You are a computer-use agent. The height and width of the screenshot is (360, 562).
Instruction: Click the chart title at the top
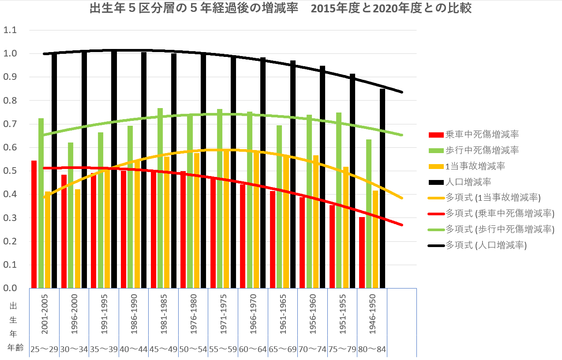(x=280, y=9)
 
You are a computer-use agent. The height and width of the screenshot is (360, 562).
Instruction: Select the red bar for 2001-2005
(x=34, y=224)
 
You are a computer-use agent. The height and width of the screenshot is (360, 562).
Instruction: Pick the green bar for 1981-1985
(x=160, y=198)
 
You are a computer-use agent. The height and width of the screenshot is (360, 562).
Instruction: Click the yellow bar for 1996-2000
(x=78, y=238)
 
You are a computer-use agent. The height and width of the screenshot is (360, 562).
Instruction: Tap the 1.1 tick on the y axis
(x=10, y=30)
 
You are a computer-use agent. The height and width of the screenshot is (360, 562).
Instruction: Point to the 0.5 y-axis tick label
(x=10, y=171)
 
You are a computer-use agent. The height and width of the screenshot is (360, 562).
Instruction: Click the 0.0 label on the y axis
(x=10, y=288)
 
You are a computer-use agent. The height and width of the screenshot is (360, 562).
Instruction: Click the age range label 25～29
(x=44, y=349)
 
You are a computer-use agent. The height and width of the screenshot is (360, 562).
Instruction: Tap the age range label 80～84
(x=372, y=349)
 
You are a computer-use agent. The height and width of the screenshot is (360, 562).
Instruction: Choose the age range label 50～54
(x=193, y=349)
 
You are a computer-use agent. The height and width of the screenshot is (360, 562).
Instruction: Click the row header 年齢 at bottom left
(x=16, y=348)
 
